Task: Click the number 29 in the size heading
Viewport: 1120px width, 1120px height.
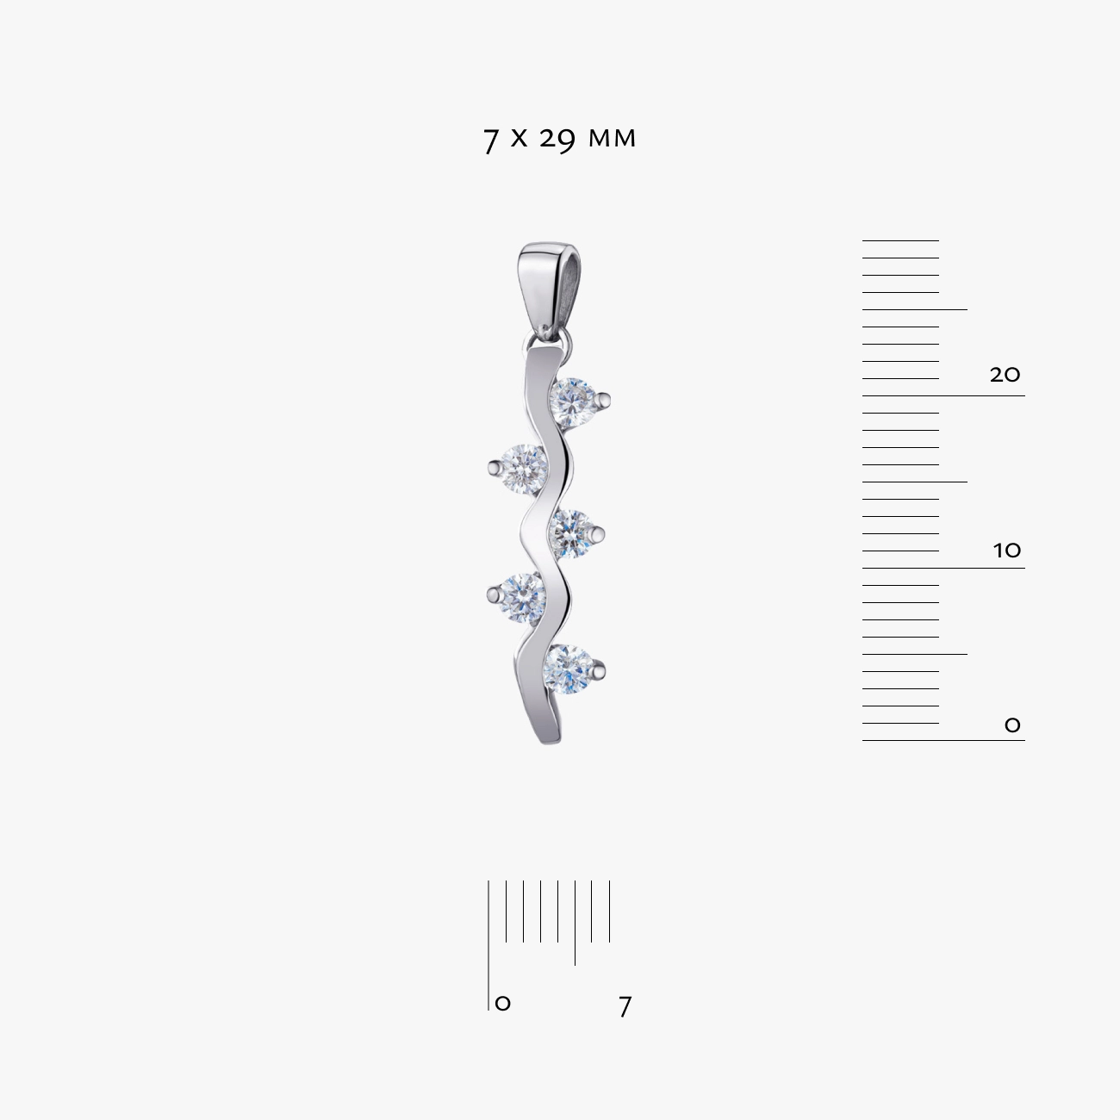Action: click(557, 140)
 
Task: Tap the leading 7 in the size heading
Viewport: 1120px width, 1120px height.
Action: click(490, 140)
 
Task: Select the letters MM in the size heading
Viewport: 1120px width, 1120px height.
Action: click(612, 139)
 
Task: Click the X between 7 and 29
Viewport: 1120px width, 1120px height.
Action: click(519, 139)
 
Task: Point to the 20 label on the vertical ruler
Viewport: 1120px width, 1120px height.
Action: click(1005, 374)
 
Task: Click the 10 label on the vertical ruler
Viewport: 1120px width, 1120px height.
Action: click(1006, 550)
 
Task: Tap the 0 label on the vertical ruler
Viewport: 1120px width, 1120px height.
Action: click(1012, 725)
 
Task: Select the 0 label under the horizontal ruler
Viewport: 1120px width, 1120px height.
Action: click(502, 1003)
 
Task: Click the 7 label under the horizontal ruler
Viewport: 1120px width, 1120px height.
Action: click(625, 1006)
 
